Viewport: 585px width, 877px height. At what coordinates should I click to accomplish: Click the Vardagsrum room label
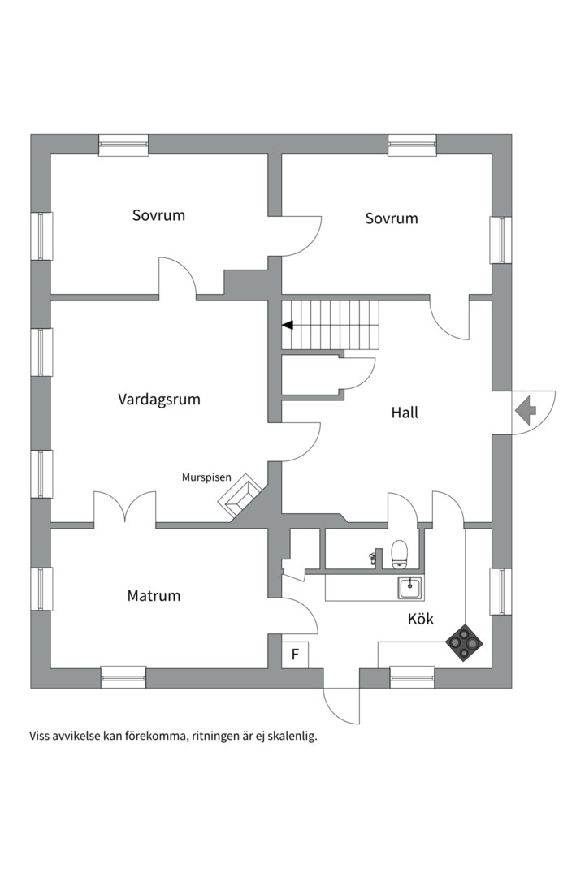[x=158, y=400]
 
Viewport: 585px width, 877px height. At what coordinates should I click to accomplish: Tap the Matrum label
[x=154, y=595]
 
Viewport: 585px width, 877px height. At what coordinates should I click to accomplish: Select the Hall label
[x=405, y=413]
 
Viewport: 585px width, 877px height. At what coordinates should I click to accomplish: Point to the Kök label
[x=420, y=619]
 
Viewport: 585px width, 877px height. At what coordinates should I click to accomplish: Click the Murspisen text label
[x=206, y=477]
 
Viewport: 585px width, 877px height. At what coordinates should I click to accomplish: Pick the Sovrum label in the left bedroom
[x=158, y=215]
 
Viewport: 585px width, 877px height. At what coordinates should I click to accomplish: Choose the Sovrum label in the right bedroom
[x=392, y=218]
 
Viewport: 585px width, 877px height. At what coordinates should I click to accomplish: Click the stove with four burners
[x=464, y=642]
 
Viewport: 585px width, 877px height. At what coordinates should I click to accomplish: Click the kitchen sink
[x=409, y=586]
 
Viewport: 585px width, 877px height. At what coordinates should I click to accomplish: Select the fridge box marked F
[x=295, y=654]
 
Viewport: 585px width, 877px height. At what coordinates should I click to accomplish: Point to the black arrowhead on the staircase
[x=287, y=325]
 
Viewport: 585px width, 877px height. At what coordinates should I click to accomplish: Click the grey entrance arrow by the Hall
[x=525, y=409]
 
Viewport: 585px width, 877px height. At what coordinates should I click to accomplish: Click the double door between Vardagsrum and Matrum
[x=124, y=509]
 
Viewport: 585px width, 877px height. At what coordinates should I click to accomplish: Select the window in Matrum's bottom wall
[x=123, y=676]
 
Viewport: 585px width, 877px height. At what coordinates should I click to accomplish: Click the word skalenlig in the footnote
[x=289, y=737]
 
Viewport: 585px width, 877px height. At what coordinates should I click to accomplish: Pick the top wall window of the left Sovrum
[x=123, y=145]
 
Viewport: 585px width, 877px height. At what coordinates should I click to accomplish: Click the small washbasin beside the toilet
[x=374, y=558]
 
